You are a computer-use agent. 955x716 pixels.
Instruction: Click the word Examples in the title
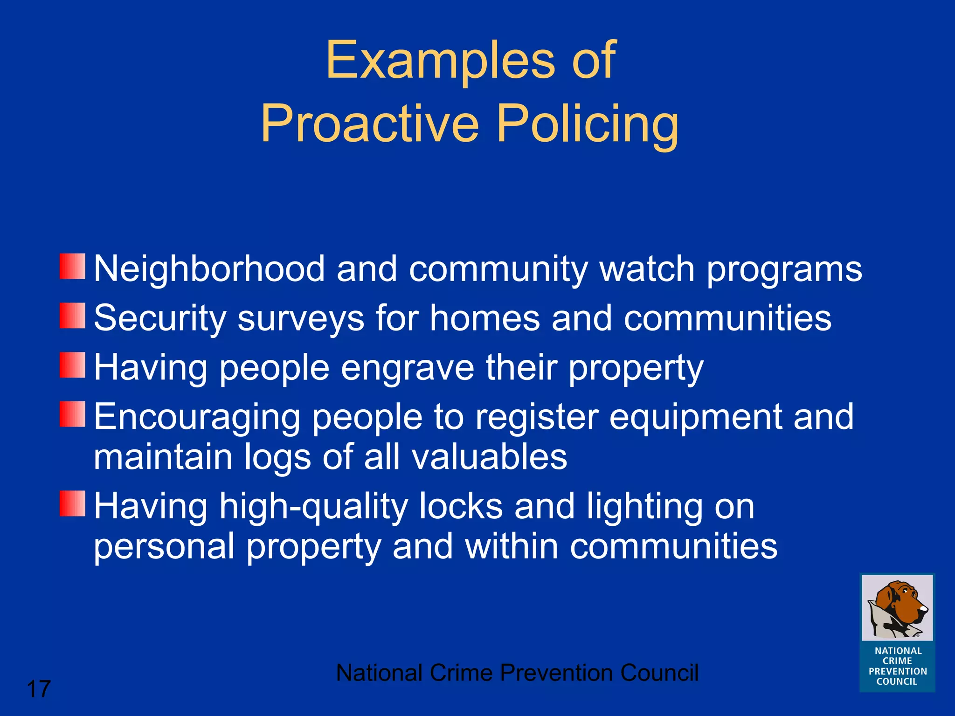click(x=440, y=61)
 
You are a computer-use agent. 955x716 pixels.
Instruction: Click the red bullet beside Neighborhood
click(x=72, y=267)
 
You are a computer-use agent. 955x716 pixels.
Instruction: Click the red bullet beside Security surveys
click(x=72, y=316)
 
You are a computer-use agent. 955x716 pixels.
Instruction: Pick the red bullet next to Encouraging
click(x=72, y=414)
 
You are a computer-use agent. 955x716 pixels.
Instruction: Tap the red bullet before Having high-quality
click(x=72, y=503)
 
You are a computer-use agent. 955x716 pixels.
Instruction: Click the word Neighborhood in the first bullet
click(x=209, y=269)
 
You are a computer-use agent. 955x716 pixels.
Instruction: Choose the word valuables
click(x=489, y=457)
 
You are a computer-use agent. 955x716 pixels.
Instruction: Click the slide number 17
click(x=39, y=689)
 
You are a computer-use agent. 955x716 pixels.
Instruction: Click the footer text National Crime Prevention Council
click(x=517, y=673)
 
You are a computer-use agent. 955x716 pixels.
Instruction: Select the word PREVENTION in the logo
click(x=898, y=671)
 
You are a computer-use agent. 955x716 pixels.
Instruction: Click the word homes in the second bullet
click(x=484, y=318)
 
